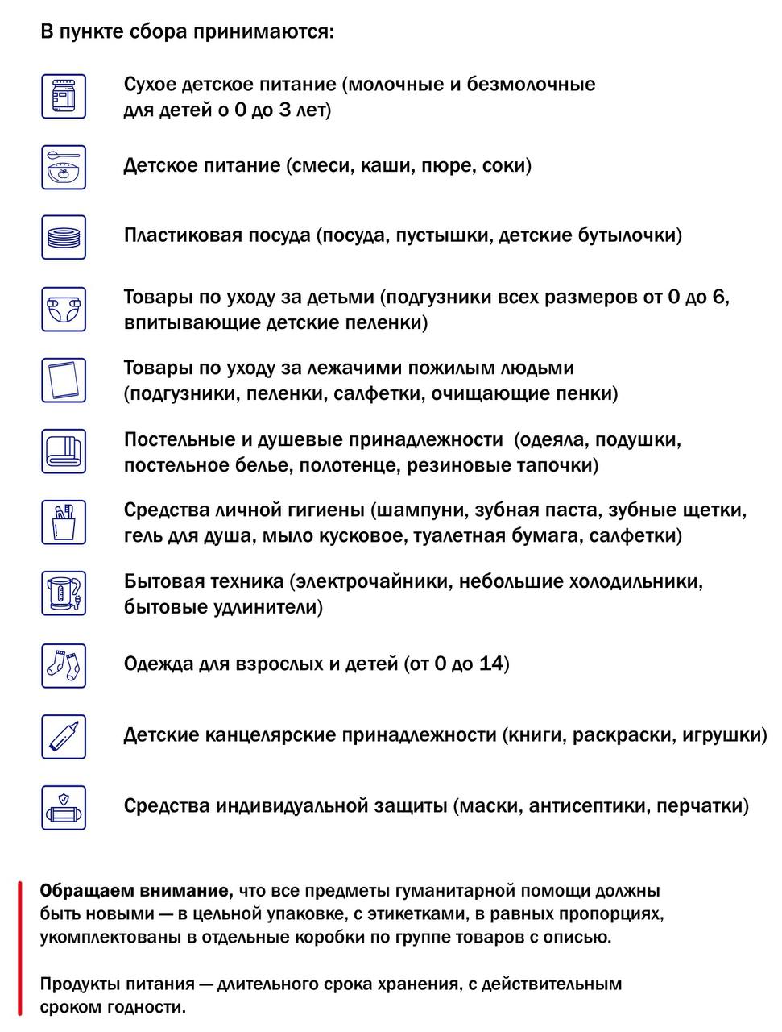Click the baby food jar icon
[64, 96]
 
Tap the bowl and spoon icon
[64, 167]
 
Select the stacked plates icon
[64, 237]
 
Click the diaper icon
[64, 309]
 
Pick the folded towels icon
[64, 451]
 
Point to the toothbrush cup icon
[64, 522]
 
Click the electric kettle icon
[64, 593]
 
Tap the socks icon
[64, 664]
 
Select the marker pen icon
[64, 735]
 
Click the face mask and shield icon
[64, 807]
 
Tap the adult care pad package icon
[64, 380]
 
